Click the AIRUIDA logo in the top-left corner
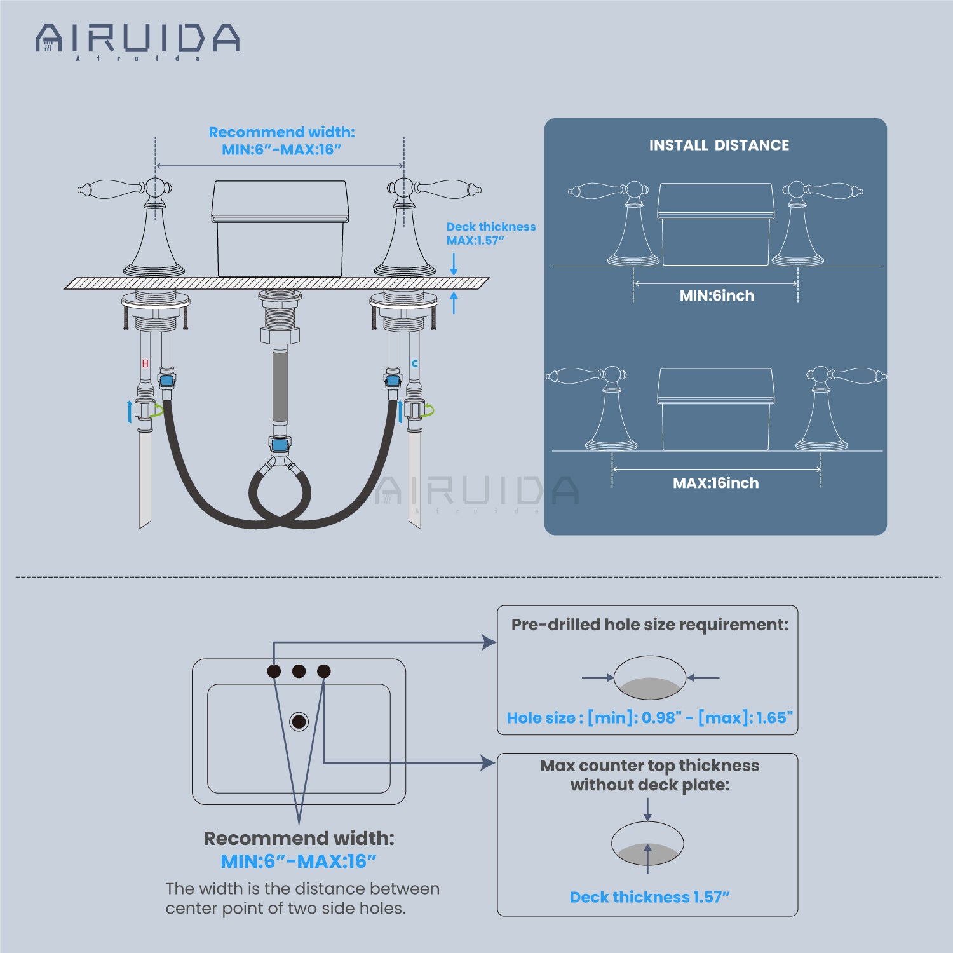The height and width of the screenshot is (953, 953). pyautogui.click(x=137, y=39)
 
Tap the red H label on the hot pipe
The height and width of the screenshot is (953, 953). pyautogui.click(x=145, y=363)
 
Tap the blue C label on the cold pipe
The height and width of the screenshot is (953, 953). pyautogui.click(x=415, y=363)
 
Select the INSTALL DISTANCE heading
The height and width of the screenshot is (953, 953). pyautogui.click(x=719, y=145)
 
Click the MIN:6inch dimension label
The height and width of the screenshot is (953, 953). pyautogui.click(x=717, y=295)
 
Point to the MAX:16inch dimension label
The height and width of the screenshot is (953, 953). pyautogui.click(x=716, y=483)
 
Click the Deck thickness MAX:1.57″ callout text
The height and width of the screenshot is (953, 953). pyautogui.click(x=490, y=233)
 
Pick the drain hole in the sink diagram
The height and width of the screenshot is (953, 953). pyautogui.click(x=299, y=721)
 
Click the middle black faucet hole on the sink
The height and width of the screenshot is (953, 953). pyautogui.click(x=299, y=671)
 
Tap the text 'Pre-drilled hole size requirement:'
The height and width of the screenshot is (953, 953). pyautogui.click(x=649, y=625)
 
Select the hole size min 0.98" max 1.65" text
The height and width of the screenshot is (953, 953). pyautogui.click(x=649, y=718)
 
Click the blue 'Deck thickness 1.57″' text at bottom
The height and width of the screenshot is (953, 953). pyautogui.click(x=649, y=897)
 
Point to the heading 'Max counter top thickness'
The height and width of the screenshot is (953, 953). pyautogui.click(x=649, y=766)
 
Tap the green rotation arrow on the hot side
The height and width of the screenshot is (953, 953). pyautogui.click(x=156, y=410)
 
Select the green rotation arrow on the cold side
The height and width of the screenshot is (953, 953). pyautogui.click(x=429, y=410)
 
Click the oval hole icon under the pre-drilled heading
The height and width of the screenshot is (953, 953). pyautogui.click(x=649, y=678)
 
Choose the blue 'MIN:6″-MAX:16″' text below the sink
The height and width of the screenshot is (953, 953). pyautogui.click(x=299, y=862)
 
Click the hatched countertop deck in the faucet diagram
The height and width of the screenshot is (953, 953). pyautogui.click(x=277, y=283)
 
